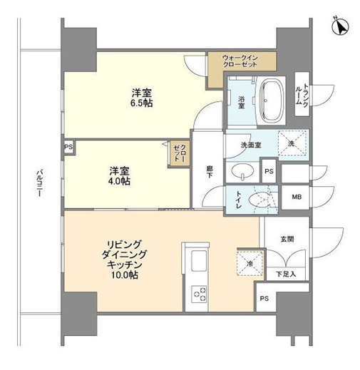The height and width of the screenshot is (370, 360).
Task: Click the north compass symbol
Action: tap(341, 27)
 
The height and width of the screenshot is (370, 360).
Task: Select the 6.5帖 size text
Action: tap(141, 103)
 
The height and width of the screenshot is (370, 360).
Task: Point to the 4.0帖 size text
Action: tap(119, 181)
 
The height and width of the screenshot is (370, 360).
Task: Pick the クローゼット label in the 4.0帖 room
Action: tap(178, 153)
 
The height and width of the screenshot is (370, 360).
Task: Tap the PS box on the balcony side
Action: tap(68, 148)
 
